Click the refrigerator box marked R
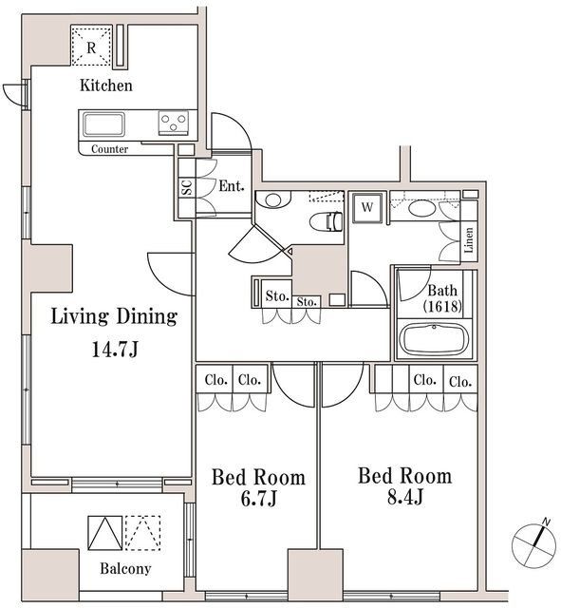[x=92, y=47]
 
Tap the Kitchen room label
[x=105, y=85]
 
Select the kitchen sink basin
[x=102, y=124]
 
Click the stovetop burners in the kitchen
[x=174, y=123]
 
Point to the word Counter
[x=110, y=150]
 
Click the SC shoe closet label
[x=185, y=187]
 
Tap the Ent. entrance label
[x=232, y=186]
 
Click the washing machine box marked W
[x=366, y=206]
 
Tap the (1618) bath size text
[x=442, y=307]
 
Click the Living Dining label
[x=114, y=316]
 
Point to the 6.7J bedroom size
[x=257, y=499]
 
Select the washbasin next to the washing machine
[x=423, y=209]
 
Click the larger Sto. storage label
[x=276, y=295]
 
